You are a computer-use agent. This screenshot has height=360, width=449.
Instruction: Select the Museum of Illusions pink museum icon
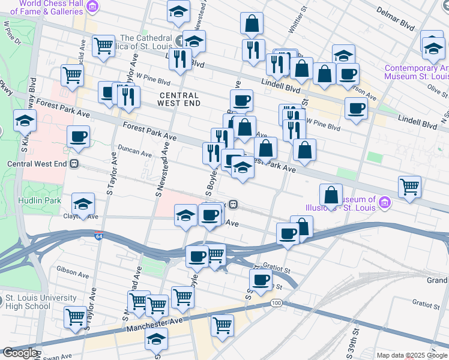[384, 204]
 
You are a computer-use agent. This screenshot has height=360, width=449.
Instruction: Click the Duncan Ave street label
[134, 153]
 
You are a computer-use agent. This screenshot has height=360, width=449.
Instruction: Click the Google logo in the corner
[19, 353]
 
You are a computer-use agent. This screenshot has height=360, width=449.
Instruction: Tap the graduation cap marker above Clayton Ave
[83, 203]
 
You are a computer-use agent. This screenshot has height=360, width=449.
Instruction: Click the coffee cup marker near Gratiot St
[261, 279]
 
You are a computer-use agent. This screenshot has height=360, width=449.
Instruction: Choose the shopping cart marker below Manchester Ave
[222, 326]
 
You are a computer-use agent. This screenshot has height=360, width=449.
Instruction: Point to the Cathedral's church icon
[181, 40]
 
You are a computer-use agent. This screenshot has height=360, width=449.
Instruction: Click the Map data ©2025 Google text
[412, 355]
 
